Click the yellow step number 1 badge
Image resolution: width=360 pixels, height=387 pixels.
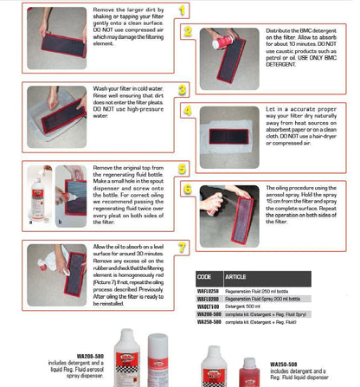pyautogui.click(x=182, y=10)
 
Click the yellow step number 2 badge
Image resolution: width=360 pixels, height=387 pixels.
pyautogui.click(x=188, y=31)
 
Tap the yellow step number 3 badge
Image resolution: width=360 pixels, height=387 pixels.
pyautogui.click(x=182, y=89)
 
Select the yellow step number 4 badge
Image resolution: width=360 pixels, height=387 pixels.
pyautogui.click(x=188, y=110)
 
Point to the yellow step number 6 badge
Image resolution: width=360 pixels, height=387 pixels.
pyautogui.click(x=188, y=189)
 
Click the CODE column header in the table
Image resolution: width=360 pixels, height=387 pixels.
pyautogui.click(x=205, y=277)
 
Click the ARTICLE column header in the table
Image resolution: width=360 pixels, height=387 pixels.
pyautogui.click(x=235, y=277)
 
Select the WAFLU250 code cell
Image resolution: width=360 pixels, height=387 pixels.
pyautogui.click(x=209, y=289)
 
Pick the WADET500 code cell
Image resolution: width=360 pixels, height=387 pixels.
pyautogui.click(x=209, y=306)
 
